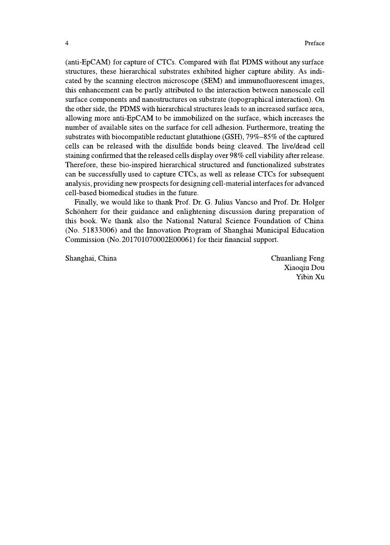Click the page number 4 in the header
[x=67, y=43]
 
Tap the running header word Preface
[x=314, y=43]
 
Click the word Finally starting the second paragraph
[x=86, y=202]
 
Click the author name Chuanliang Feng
[x=298, y=258]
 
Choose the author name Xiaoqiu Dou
[x=304, y=268]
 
